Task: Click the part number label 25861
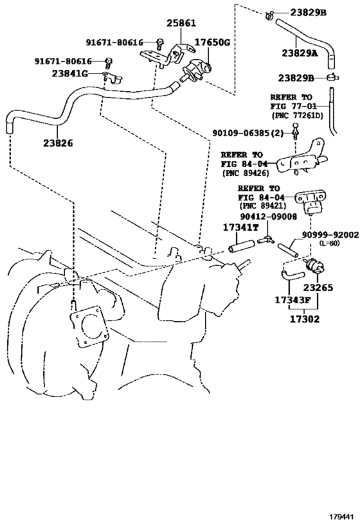[181, 23]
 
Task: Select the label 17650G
[212, 42]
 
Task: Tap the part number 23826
[58, 143]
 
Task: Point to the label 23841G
[69, 73]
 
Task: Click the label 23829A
[300, 53]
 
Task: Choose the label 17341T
[241, 228]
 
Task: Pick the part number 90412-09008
[268, 217]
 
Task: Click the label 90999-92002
[330, 235]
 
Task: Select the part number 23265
[318, 288]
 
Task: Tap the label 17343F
[292, 300]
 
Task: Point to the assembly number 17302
[305, 319]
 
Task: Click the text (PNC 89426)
[246, 173]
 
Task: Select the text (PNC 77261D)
[297, 116]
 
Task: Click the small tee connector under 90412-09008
[266, 239]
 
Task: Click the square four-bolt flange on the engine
[89, 327]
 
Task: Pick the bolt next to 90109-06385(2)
[295, 132]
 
